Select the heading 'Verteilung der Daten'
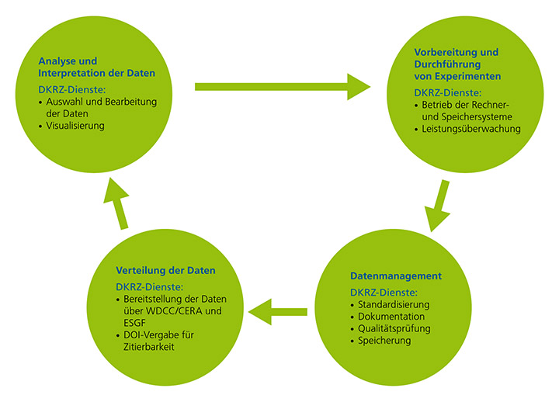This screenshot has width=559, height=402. [x=165, y=271]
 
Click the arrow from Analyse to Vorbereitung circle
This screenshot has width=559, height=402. [x=283, y=86]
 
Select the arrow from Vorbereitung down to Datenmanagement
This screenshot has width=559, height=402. [x=438, y=206]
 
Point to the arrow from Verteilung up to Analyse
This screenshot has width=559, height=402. [x=118, y=203]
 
